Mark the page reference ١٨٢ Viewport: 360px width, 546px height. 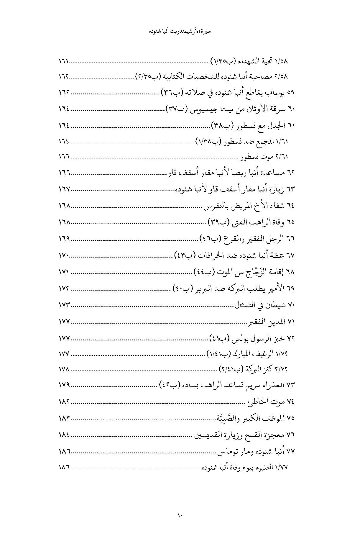point(63,401)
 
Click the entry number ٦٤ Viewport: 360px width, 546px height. point(291,206)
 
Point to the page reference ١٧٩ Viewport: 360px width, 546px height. point(63,385)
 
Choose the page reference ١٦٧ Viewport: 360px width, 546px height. point(63,189)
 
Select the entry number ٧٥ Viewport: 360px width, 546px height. point(291,418)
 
